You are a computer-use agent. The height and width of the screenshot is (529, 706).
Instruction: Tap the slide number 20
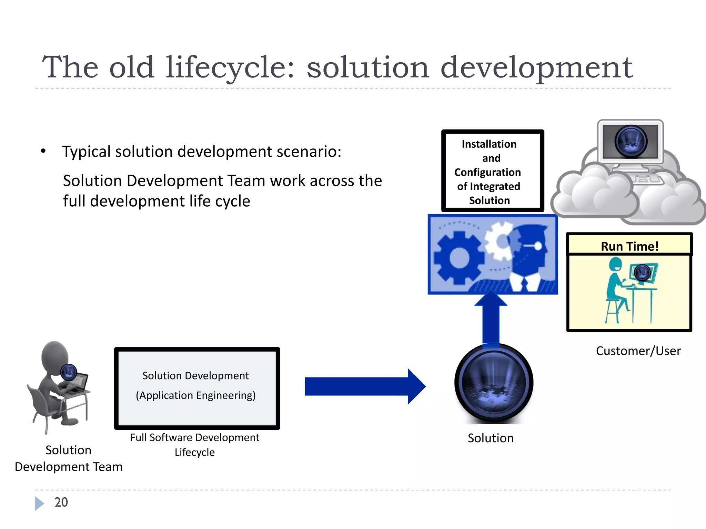coord(61,502)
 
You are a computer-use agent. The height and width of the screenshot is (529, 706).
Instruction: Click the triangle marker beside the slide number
coord(39,503)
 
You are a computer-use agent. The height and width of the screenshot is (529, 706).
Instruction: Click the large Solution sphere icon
coord(494,383)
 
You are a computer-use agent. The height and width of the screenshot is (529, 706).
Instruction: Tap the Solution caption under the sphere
coord(491,438)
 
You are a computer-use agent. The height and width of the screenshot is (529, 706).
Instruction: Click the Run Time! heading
coord(629,246)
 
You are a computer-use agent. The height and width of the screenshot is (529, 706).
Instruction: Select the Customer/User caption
coord(638,351)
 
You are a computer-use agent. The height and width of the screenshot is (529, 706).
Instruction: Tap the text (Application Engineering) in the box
coord(196,395)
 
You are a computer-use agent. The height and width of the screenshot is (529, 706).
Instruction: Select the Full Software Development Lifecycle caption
coord(195,445)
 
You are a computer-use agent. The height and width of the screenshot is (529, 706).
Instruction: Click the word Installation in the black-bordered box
coord(489,144)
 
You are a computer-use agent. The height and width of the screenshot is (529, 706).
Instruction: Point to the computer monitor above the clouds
coord(631,142)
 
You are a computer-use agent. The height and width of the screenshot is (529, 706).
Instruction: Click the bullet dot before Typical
coord(43,151)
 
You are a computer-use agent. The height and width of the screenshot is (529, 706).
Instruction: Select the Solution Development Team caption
coord(69,458)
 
